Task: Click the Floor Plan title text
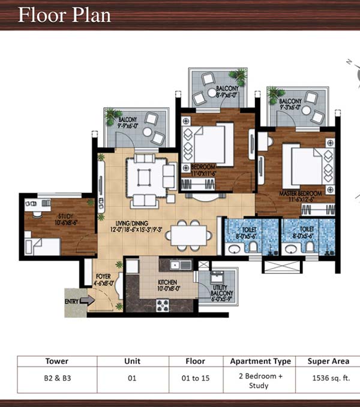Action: (x=64, y=14)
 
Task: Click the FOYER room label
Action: (x=104, y=280)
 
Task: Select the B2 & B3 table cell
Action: (x=56, y=378)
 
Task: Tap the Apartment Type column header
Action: (x=260, y=361)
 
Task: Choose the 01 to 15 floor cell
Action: (x=196, y=378)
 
